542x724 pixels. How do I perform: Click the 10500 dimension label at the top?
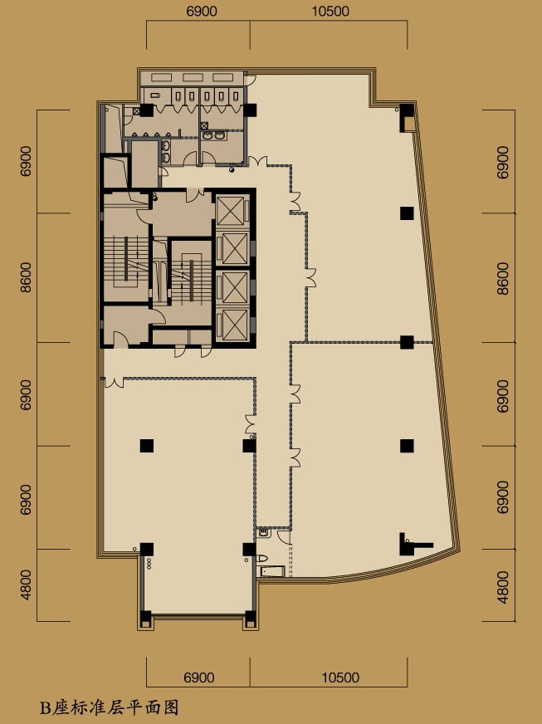[330, 11]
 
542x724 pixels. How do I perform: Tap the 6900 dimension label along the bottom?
[199, 678]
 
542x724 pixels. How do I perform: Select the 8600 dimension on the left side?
[26, 277]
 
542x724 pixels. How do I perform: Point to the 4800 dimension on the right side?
[503, 587]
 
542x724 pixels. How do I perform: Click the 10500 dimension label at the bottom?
[340, 678]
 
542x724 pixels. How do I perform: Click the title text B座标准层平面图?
[109, 707]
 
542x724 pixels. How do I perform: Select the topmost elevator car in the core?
[231, 212]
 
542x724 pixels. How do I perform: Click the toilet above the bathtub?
[261, 558]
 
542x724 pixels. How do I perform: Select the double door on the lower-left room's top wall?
[114, 382]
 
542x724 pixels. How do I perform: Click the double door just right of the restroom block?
[257, 162]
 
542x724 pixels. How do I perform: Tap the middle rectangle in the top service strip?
[194, 77]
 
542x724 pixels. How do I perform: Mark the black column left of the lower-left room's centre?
[147, 446]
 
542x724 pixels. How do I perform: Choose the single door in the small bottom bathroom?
[284, 537]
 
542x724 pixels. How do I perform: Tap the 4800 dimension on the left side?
[26, 585]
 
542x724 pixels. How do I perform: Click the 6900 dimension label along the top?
[202, 11]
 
